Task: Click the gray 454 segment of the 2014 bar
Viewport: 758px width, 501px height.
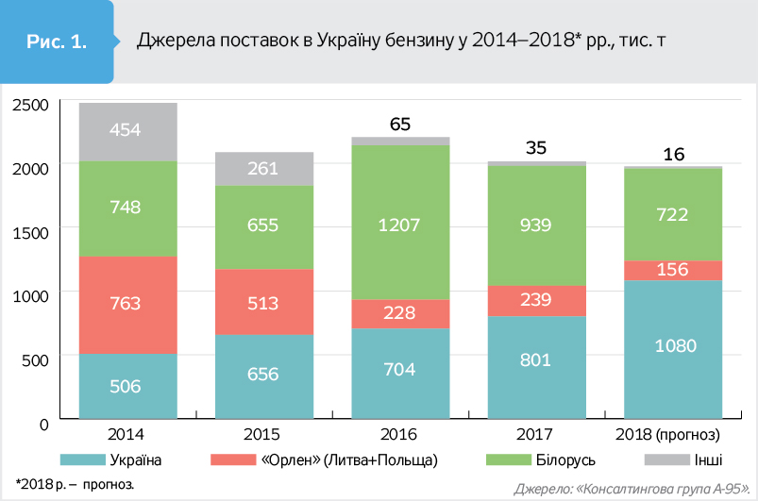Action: coord(127,131)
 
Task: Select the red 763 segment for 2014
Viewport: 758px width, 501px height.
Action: coord(127,304)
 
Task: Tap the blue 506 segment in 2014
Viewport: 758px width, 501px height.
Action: coord(127,386)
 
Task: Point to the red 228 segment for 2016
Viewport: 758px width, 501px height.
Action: coord(400,314)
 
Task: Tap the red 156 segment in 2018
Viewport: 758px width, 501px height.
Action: coord(672,270)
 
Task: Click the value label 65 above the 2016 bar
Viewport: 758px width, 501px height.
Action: coord(400,125)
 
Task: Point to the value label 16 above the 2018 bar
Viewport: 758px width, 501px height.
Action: coord(672,154)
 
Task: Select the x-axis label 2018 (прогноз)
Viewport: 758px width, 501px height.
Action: coord(672,435)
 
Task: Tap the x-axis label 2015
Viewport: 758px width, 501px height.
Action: coord(263,435)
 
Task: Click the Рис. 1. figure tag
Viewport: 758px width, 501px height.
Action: coord(57,42)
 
